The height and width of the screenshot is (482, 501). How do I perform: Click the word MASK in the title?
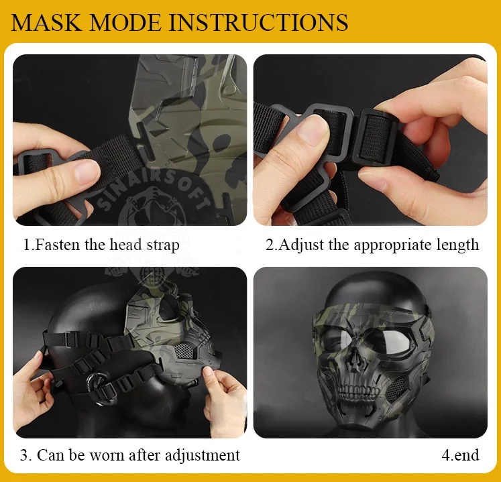click(x=46, y=22)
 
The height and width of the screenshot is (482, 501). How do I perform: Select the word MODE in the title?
click(x=125, y=22)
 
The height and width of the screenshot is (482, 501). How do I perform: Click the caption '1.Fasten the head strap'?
click(x=101, y=245)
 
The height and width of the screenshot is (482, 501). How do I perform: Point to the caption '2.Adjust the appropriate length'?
click(x=372, y=245)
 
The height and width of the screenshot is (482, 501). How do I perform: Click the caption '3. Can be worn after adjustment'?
click(x=129, y=455)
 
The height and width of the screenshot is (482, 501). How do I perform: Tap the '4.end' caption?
click(x=460, y=455)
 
